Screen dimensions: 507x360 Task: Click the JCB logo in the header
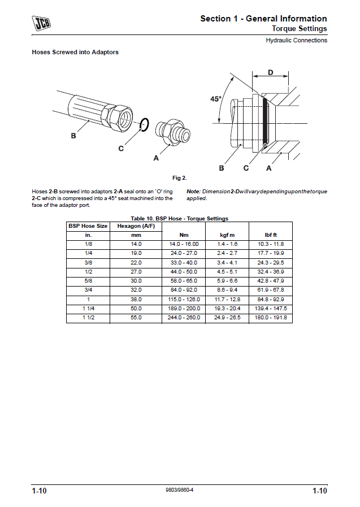(41, 23)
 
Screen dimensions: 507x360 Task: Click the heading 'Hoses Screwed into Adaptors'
(75, 53)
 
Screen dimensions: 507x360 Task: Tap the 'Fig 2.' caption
(180, 178)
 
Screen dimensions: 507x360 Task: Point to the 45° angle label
(216, 99)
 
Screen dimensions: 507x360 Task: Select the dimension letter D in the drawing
(270, 72)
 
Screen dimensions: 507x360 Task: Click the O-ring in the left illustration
(144, 124)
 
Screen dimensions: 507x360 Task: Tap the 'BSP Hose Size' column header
(88, 226)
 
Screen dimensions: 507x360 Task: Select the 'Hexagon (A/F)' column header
(136, 226)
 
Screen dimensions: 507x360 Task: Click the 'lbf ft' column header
(271, 235)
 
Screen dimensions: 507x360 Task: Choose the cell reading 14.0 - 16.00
(184, 244)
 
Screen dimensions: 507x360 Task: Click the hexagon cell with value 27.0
(136, 271)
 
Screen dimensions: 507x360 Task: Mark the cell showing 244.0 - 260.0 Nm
(184, 318)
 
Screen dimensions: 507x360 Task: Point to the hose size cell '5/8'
(88, 280)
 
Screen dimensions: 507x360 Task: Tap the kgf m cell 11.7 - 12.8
(227, 299)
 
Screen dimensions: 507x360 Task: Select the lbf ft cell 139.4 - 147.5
(271, 309)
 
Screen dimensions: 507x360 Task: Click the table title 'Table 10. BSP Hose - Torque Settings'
(179, 218)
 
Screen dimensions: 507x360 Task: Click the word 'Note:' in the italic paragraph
(194, 192)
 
